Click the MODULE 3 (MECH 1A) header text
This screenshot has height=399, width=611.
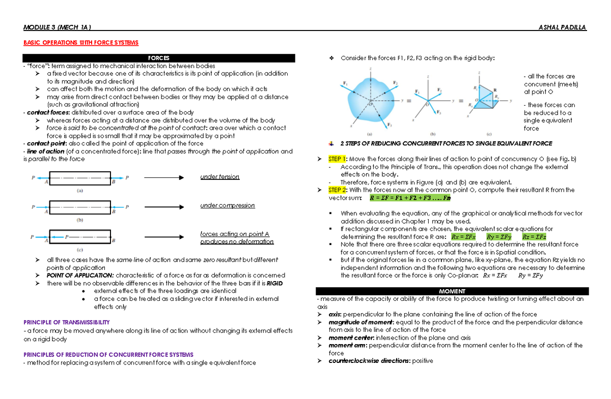[57, 27]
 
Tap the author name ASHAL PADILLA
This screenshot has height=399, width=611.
[562, 27]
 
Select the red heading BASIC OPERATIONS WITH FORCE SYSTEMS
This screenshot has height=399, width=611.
[81, 42]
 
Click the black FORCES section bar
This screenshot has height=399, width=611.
[159, 58]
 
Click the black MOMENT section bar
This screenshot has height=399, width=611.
[452, 291]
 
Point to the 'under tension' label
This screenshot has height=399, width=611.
[219, 177]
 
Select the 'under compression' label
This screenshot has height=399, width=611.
[227, 205]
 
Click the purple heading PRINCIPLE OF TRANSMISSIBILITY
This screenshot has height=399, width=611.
[67, 322]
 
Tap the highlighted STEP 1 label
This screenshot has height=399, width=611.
[337, 159]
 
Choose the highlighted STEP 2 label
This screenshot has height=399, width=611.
[337, 190]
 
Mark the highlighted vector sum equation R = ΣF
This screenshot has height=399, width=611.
[410, 198]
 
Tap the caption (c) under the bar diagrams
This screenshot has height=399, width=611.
[80, 250]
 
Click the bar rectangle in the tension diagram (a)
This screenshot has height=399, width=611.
[80, 178]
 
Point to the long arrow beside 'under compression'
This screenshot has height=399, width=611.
[163, 206]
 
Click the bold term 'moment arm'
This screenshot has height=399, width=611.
[348, 346]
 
